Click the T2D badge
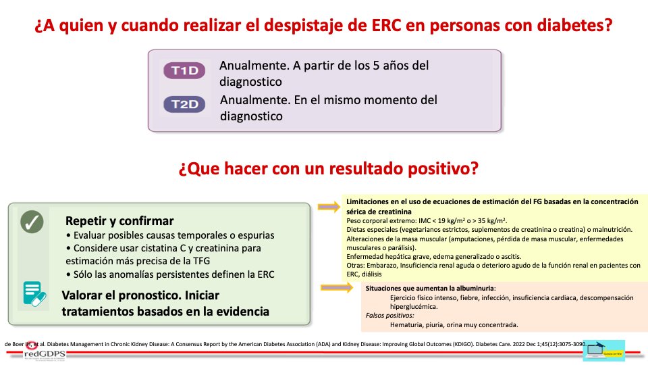(184, 104)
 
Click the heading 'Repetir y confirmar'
(119, 221)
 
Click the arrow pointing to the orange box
(329, 287)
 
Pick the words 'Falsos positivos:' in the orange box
(389, 315)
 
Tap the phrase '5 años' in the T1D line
(371, 66)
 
